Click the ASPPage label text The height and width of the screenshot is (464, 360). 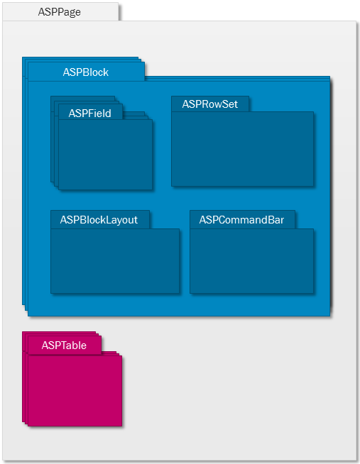click(59, 12)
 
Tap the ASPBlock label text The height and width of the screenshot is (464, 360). click(85, 72)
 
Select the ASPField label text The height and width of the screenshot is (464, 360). click(89, 114)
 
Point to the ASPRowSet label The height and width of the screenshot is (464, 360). click(210, 104)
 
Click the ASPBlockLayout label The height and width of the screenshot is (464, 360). click(99, 220)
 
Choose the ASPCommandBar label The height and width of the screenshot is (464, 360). click(241, 220)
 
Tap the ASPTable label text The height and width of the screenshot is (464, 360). click(64, 346)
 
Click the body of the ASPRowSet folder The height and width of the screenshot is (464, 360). click(242, 149)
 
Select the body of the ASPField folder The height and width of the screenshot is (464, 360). click(105, 155)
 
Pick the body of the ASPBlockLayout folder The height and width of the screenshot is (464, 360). click(115, 261)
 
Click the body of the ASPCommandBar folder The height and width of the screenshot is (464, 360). click(251, 261)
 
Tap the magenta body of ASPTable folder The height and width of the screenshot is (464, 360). click(75, 391)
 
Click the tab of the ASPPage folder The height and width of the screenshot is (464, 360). click(60, 12)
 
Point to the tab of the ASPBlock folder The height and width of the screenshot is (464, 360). click(86, 72)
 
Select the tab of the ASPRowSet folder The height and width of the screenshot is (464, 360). click(210, 104)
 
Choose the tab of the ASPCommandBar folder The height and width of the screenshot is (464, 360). click(242, 219)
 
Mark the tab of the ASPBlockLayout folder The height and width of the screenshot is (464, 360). click(100, 219)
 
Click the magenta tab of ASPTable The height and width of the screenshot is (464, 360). click(65, 345)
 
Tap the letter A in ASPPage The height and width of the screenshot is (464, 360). click(42, 12)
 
